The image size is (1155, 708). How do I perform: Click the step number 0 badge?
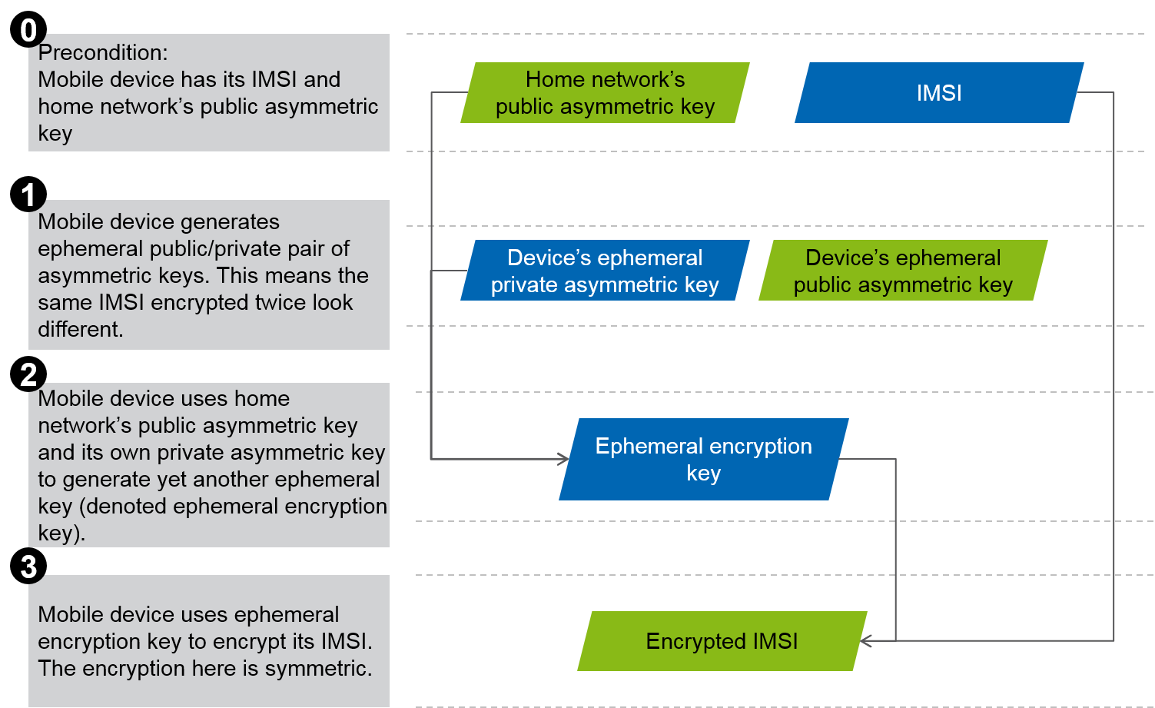click(x=28, y=31)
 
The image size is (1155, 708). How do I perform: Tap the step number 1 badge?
click(x=28, y=195)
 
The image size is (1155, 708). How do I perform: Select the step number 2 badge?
click(x=28, y=375)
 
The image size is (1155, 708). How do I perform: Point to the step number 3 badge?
click(x=28, y=567)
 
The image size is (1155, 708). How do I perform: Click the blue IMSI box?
click(x=939, y=93)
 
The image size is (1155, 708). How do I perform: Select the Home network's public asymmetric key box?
click(x=605, y=93)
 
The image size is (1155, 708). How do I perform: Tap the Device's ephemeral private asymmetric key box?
click(x=605, y=271)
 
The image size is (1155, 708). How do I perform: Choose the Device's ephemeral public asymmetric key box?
click(x=903, y=271)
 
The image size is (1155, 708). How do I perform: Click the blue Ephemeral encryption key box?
click(x=703, y=459)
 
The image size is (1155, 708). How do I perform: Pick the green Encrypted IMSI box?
click(x=722, y=641)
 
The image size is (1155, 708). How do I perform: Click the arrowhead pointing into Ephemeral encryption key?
click(x=563, y=459)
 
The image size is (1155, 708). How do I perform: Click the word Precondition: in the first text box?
click(x=103, y=52)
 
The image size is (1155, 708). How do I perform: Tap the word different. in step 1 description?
click(x=81, y=329)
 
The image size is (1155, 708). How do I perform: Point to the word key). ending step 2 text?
click(x=61, y=533)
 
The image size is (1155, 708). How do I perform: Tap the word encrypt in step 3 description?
click(x=280, y=641)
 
